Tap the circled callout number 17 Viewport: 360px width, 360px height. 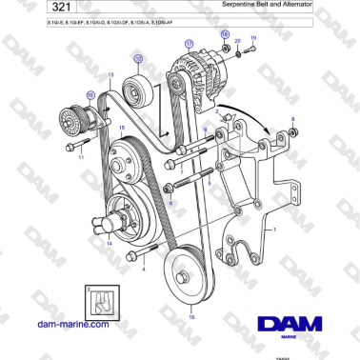(188, 44)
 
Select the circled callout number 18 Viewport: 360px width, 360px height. (226, 34)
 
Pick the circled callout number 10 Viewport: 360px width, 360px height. (91, 94)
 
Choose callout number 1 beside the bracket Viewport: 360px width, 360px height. (275, 230)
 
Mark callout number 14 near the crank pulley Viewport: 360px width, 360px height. (109, 243)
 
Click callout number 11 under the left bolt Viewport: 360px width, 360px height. (81, 156)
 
